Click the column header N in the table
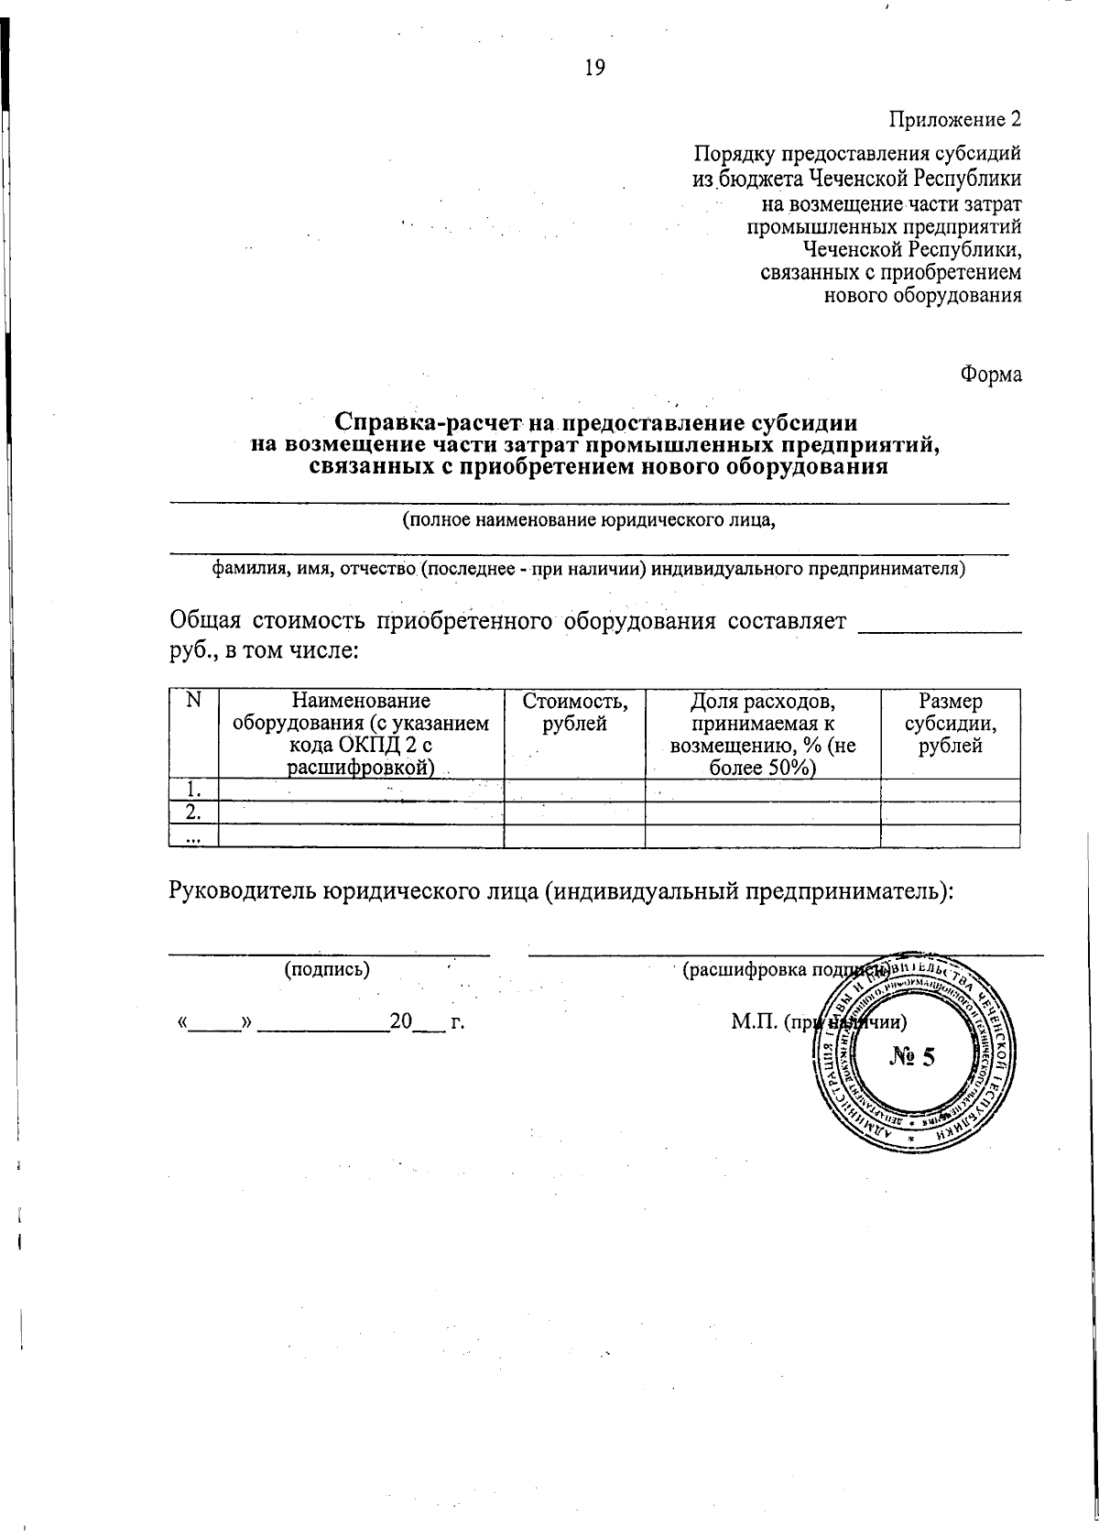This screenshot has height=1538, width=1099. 192,701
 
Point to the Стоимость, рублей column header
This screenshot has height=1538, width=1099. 574,713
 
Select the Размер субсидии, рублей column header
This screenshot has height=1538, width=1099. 950,724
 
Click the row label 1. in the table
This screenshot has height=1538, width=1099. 192,790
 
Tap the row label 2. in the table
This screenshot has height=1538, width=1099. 192,813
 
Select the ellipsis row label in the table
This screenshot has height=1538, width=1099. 192,836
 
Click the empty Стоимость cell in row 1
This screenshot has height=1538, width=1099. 574,790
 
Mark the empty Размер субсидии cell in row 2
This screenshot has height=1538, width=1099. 950,813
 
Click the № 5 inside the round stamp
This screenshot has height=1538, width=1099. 912,1057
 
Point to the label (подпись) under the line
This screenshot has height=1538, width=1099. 327,968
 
